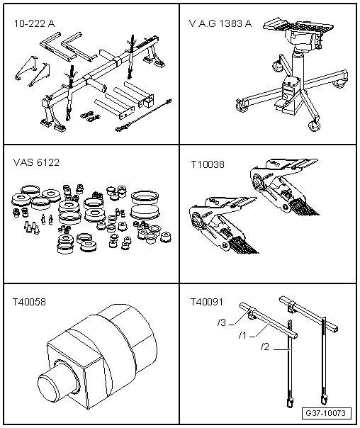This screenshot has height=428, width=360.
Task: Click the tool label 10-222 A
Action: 34,24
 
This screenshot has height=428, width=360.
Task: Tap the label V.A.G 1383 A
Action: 220,24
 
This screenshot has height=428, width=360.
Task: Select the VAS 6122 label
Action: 36,162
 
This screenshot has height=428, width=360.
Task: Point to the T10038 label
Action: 208,164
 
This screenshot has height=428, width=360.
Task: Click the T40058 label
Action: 29,302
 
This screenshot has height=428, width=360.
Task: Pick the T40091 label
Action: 207,302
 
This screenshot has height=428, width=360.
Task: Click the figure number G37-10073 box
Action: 325,413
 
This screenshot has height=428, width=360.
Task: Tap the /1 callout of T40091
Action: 242,335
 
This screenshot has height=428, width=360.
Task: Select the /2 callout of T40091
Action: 264,347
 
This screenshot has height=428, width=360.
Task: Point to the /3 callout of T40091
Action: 222,322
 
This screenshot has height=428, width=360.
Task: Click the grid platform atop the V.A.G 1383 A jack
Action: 298,26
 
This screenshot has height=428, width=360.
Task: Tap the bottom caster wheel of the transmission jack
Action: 313,126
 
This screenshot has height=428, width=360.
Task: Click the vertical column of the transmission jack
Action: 298,65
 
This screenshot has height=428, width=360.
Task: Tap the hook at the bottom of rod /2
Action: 290,402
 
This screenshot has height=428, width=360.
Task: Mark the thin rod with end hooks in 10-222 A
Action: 144,115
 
